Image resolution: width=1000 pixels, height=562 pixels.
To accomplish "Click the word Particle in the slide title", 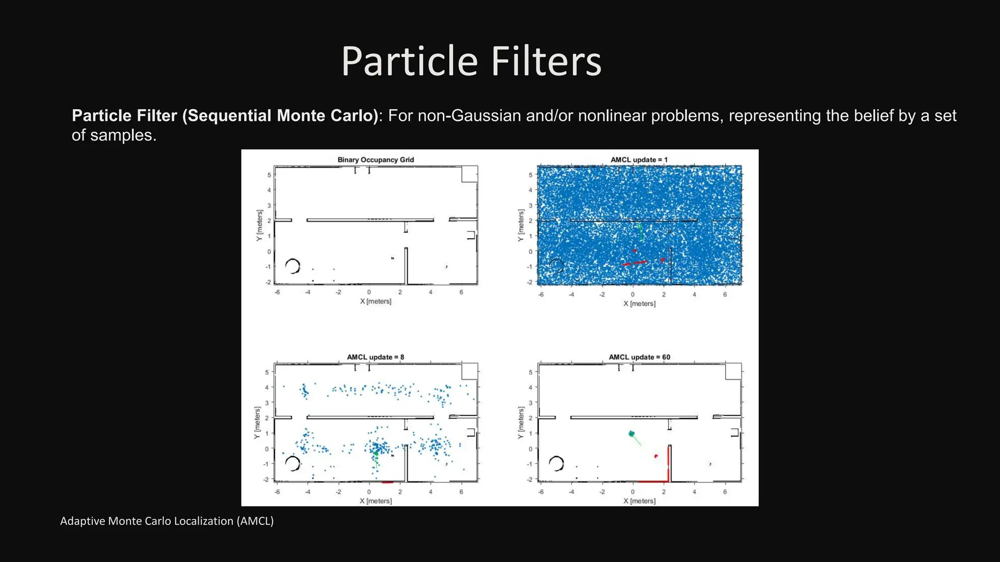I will coord(409,62).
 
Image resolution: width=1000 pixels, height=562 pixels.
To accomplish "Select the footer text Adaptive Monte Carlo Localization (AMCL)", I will coord(167,521).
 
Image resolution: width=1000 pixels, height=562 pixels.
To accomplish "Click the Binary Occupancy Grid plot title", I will coord(375,160).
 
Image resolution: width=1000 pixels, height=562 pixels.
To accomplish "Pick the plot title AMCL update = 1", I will coord(639,160).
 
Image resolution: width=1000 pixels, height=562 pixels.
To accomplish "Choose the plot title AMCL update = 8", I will coord(375,357).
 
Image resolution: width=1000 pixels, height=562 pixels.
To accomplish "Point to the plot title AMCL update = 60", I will coord(639,357).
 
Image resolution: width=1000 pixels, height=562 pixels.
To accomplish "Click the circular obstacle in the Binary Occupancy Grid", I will coord(292,266).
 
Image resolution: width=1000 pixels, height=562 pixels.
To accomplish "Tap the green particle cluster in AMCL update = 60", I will coord(631,434).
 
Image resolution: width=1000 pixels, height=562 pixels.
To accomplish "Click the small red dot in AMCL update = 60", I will coord(656,456).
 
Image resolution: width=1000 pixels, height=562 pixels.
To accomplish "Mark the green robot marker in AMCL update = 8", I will coord(376,453).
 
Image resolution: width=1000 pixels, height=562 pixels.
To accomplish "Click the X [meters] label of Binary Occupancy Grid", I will coord(375,301).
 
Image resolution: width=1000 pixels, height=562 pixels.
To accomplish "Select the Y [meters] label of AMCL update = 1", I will coord(521,225).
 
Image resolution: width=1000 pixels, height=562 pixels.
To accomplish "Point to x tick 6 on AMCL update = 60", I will coord(725,492).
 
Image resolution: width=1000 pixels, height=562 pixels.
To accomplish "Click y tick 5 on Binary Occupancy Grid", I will coord(269,175).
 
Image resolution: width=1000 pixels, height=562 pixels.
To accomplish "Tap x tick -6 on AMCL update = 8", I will coord(277,492).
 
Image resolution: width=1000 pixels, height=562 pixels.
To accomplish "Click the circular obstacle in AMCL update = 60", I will coord(556,463).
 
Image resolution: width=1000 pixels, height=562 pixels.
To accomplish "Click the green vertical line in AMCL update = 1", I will coord(641,232).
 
